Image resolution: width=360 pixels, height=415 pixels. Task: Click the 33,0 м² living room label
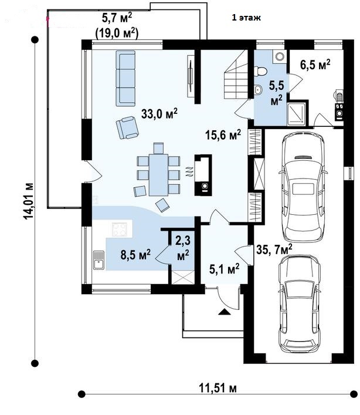(159, 113)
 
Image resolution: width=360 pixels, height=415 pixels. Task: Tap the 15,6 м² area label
(223, 135)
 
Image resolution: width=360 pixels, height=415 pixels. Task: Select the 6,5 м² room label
(315, 65)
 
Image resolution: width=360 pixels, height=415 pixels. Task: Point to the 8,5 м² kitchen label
(135, 255)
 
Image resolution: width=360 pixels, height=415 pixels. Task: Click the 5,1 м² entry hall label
(224, 269)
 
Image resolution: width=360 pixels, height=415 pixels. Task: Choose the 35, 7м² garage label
(274, 249)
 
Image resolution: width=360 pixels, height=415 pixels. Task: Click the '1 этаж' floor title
(246, 18)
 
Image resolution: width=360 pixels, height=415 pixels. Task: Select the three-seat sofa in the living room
(125, 78)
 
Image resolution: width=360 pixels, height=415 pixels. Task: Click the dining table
(158, 175)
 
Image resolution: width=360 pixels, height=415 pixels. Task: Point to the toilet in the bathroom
(260, 71)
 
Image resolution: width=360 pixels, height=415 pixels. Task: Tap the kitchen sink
(99, 260)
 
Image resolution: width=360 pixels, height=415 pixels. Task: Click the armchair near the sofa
(127, 127)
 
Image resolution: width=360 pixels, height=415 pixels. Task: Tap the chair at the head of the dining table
(158, 148)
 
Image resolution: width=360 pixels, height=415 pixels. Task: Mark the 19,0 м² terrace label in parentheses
(117, 33)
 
